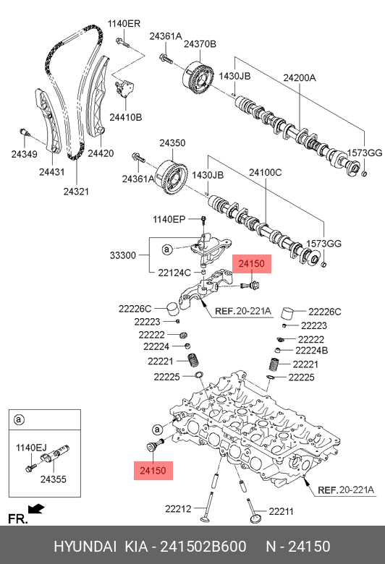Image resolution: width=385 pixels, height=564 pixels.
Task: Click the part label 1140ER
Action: [124, 24]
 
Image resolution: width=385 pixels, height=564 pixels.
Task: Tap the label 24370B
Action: [200, 44]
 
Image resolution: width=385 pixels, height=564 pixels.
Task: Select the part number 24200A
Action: [300, 77]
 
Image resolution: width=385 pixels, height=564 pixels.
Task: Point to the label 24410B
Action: [126, 117]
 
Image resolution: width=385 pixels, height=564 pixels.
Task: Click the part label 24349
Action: [24, 154]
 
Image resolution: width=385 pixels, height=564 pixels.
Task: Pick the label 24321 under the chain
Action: [76, 192]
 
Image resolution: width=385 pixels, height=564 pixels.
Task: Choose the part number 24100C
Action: [266, 173]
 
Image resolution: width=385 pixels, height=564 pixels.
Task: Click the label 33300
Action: [123, 255]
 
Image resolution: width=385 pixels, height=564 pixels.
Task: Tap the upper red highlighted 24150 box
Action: [252, 264]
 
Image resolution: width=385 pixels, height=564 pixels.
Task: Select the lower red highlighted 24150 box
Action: [153, 471]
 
